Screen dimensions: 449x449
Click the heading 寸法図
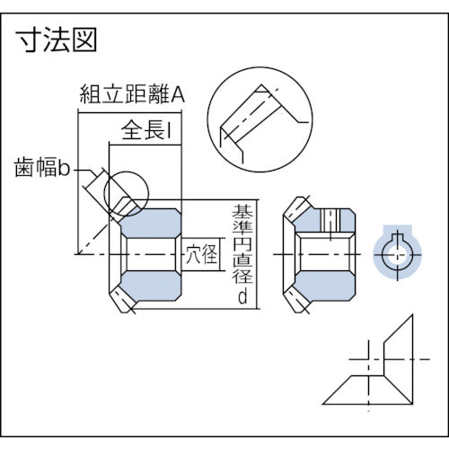[x=57, y=40]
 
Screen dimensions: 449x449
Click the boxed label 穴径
[x=200, y=254]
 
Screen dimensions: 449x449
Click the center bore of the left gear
[x=151, y=254]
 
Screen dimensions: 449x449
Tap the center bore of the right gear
[x=324, y=254]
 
